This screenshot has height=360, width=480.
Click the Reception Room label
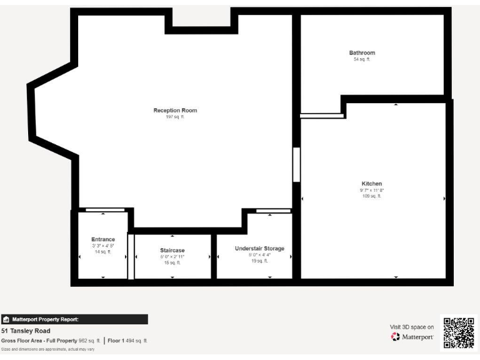pos(175,111)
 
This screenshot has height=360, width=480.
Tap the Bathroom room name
pos(362,53)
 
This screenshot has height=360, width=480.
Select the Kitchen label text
pos(371,184)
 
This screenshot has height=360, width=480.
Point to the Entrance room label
pos(103,239)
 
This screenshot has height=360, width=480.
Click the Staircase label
pos(172,250)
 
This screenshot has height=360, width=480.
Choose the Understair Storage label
pos(259,248)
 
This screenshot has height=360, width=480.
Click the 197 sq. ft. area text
pos(175,117)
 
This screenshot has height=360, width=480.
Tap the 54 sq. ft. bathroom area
pos(362,59)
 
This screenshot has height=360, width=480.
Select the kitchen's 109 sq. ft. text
pos(371,196)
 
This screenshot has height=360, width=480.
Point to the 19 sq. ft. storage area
pos(259,261)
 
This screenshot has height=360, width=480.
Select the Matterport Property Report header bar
pos(74,319)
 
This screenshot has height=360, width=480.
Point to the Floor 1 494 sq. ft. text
pos(127,341)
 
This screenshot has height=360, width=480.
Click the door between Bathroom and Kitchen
pos(322,116)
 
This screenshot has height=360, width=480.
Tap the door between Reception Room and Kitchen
pos(296,164)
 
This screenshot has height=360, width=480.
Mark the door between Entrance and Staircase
pos(131,256)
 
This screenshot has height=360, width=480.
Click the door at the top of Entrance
pos(105,210)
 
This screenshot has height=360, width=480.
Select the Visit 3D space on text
pos(411,327)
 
